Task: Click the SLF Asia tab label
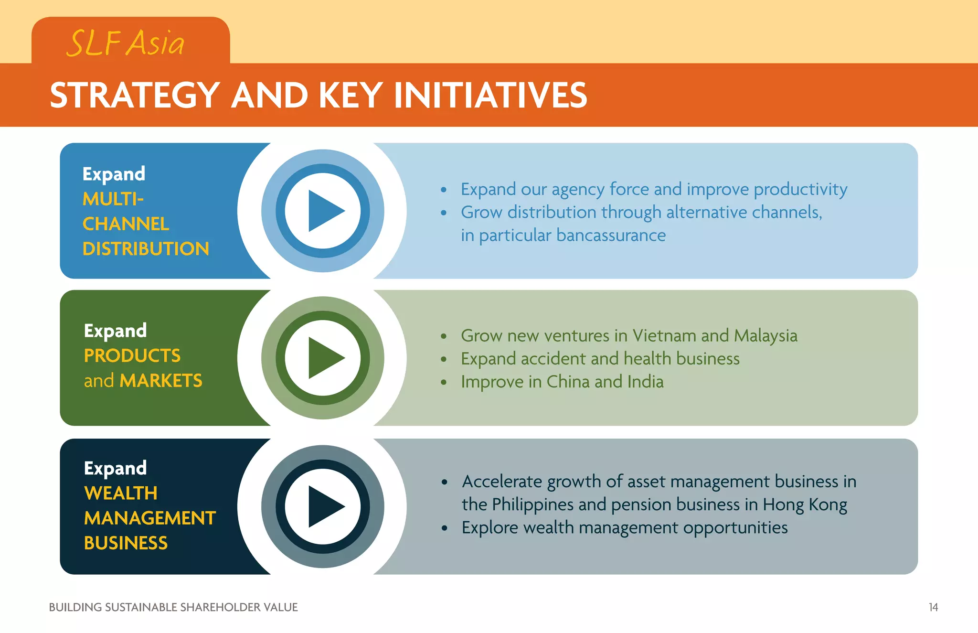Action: (x=125, y=43)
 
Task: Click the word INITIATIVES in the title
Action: (x=490, y=95)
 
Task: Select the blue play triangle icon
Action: (x=325, y=211)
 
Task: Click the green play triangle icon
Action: (x=325, y=358)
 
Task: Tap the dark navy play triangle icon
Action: (x=325, y=506)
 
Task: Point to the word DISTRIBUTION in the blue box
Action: (x=146, y=249)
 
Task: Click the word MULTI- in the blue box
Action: (x=113, y=199)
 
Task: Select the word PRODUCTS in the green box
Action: (x=132, y=356)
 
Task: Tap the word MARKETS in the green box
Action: (x=161, y=381)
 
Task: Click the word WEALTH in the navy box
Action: (x=121, y=493)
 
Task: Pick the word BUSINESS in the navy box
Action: (x=126, y=543)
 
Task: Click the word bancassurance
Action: (x=611, y=236)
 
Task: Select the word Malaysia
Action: (x=765, y=336)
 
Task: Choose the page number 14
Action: (x=933, y=607)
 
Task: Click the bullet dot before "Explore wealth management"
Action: (x=445, y=528)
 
